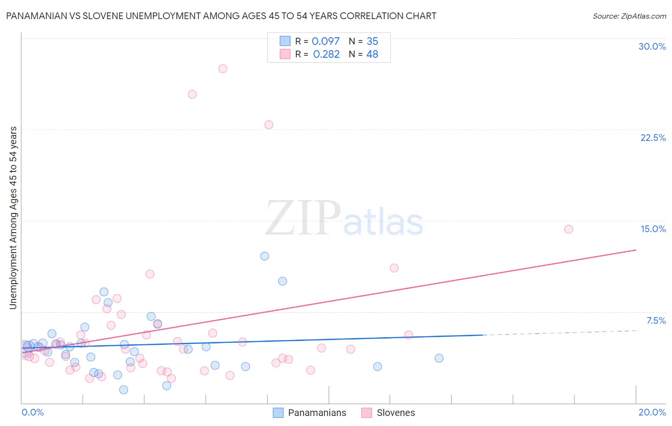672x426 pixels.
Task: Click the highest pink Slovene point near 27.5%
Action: pyautogui.click(x=223, y=69)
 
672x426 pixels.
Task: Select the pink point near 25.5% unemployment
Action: pyautogui.click(x=192, y=95)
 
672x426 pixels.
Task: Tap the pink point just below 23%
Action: pyautogui.click(x=269, y=125)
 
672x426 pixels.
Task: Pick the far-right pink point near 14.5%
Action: pyautogui.click(x=568, y=229)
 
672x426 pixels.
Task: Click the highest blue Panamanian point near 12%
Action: pyautogui.click(x=264, y=256)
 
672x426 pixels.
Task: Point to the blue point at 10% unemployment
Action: pyautogui.click(x=282, y=281)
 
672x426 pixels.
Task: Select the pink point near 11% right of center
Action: pyautogui.click(x=394, y=268)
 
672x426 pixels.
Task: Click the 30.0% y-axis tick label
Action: pyautogui.click(x=652, y=46)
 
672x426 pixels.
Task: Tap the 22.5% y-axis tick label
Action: pyautogui.click(x=653, y=138)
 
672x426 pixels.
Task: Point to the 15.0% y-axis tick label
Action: pyautogui.click(x=653, y=229)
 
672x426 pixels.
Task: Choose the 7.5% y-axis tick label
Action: pyautogui.click(x=656, y=320)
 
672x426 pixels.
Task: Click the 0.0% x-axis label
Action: pyautogui.click(x=33, y=412)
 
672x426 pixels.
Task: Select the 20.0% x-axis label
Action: pyautogui.click(x=652, y=412)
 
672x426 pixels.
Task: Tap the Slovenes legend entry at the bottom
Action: pyautogui.click(x=395, y=413)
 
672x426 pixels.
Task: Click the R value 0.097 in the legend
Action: pyautogui.click(x=325, y=42)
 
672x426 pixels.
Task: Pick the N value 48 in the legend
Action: pyautogui.click(x=372, y=54)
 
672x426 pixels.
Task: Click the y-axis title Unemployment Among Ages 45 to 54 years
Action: pyautogui.click(x=13, y=218)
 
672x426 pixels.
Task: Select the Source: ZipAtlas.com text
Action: pyautogui.click(x=629, y=16)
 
